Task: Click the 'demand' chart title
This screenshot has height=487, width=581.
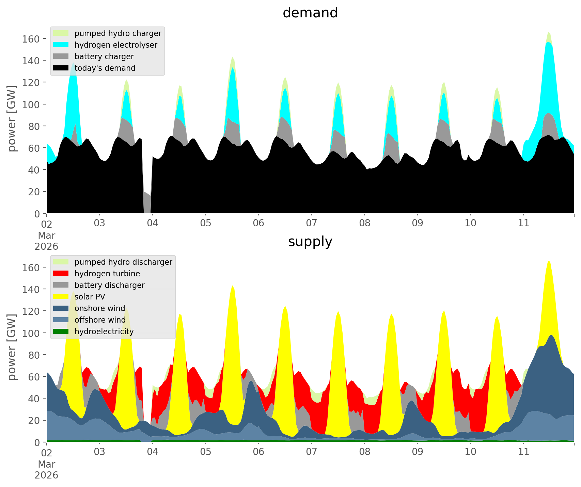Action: click(x=310, y=13)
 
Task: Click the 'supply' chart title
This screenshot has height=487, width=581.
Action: click(x=310, y=242)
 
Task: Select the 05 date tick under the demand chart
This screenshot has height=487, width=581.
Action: click(x=205, y=223)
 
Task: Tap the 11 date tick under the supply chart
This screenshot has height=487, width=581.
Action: click(x=523, y=452)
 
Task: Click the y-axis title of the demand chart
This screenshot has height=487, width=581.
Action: click(x=12, y=118)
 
